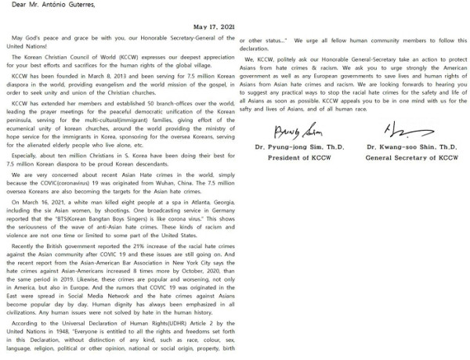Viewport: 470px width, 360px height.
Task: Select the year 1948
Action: pyautogui.click(x=60, y=331)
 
